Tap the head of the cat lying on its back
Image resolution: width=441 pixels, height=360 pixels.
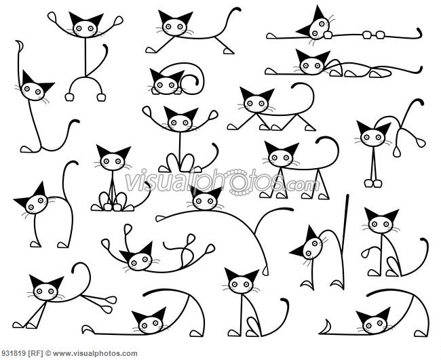[x=138, y=258]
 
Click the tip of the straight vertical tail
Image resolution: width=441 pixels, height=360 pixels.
[x=347, y=197]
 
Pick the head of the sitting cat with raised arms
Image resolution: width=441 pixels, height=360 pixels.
[x=180, y=121]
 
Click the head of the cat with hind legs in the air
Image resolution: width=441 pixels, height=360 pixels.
[x=372, y=136]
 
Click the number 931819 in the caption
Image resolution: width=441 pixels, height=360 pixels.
[x=12, y=353]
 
